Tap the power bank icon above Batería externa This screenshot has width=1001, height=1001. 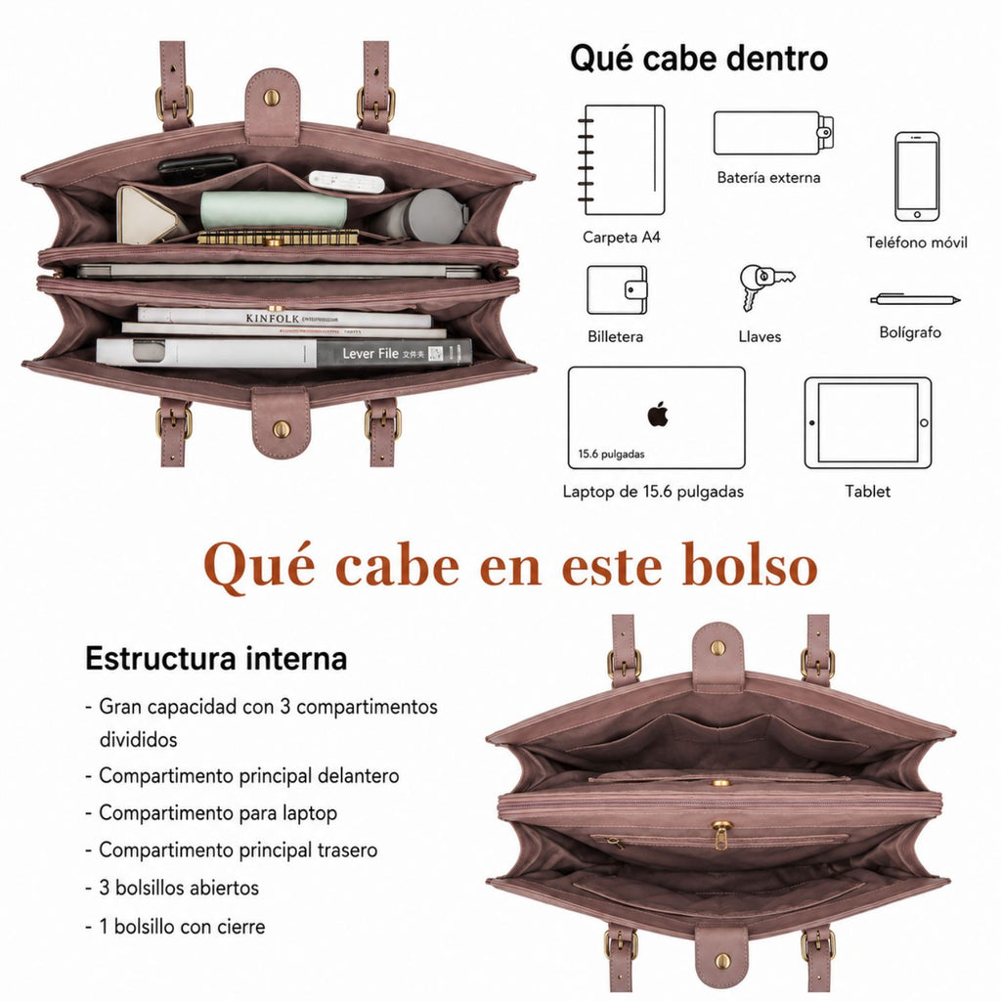click(x=773, y=133)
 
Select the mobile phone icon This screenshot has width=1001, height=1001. click(x=917, y=177)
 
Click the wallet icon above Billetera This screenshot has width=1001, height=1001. click(x=617, y=289)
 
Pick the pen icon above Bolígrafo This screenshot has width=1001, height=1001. click(x=915, y=299)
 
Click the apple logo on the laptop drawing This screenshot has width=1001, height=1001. click(x=658, y=414)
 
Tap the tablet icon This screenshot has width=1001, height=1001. click(x=868, y=422)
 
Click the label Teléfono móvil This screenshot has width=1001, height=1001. click(x=917, y=242)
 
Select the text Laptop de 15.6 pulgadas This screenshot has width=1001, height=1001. click(x=653, y=492)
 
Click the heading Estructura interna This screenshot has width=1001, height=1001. click(x=216, y=658)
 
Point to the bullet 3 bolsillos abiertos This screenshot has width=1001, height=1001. click(x=172, y=888)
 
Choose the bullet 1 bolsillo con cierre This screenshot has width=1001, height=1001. click(x=176, y=927)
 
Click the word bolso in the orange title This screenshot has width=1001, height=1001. click(x=750, y=566)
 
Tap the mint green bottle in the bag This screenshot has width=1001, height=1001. click(x=274, y=210)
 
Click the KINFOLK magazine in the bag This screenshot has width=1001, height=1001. click(x=284, y=318)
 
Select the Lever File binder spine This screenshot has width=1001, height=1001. click(x=394, y=353)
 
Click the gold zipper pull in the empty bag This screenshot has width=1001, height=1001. click(x=720, y=837)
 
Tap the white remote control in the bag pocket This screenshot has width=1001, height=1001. click(x=347, y=181)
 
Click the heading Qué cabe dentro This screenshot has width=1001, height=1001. click(x=699, y=59)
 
